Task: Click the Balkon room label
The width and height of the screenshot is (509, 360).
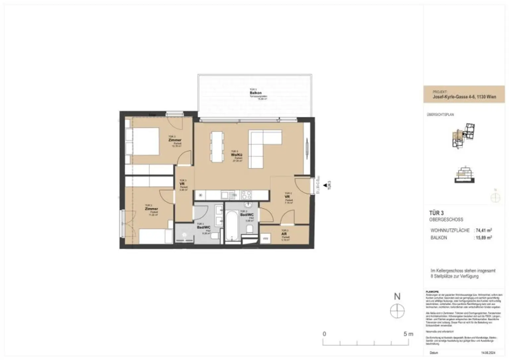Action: coord(254,93)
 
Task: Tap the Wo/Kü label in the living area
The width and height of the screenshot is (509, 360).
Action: coord(235,155)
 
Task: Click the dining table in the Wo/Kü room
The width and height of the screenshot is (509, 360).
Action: coord(217,147)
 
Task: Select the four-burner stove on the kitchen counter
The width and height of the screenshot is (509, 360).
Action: coord(246,195)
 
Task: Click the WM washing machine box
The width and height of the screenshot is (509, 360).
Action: coord(265,239)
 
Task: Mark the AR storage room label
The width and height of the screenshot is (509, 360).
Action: coord(284,234)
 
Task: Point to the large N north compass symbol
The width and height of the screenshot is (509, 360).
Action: coord(397,311)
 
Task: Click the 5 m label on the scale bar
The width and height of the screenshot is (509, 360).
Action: coord(408,334)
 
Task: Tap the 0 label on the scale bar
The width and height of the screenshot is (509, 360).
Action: coord(324,334)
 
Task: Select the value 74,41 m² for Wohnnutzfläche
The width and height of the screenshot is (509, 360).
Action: coord(483,230)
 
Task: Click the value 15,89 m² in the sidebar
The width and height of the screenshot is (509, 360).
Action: coord(483,237)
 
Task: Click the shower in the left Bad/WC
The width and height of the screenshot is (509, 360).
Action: coord(184,235)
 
